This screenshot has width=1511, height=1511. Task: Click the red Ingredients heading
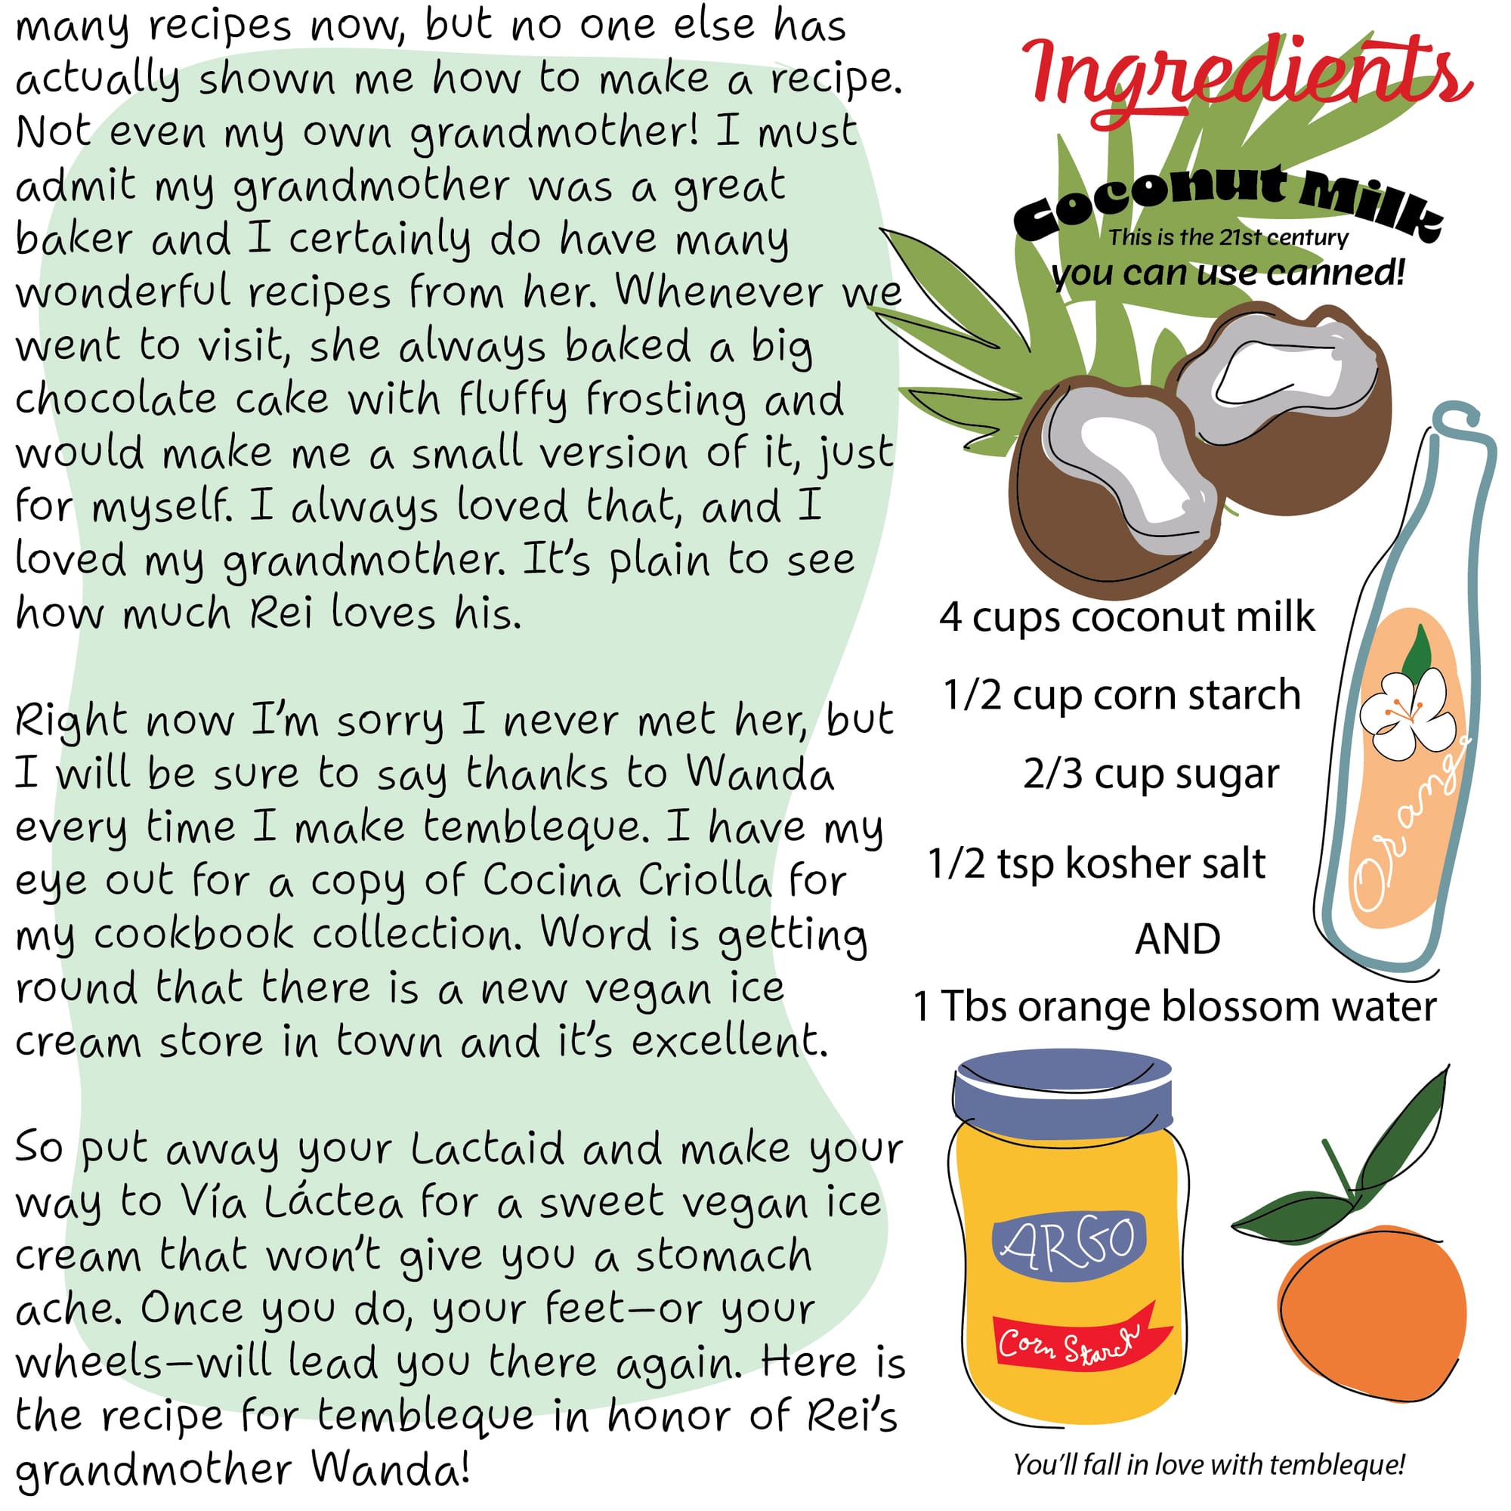[x=1247, y=79]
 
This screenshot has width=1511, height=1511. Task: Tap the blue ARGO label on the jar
[x=1069, y=1241]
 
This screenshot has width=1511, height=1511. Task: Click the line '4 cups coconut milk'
[x=1127, y=617]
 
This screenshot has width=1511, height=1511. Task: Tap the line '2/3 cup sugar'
[x=1151, y=774]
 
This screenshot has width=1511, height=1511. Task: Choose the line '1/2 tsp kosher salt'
[x=1096, y=864]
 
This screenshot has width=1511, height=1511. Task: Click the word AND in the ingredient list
[x=1178, y=938]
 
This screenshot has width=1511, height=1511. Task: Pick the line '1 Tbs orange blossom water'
[x=1175, y=1006]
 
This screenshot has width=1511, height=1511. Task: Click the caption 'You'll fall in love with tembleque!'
[x=1209, y=1464]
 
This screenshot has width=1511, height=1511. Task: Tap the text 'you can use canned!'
[x=1228, y=273]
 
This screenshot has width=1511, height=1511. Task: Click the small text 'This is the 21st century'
[x=1228, y=237]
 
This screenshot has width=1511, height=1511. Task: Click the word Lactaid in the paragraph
[x=487, y=1148]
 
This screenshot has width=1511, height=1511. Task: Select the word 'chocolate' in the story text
[x=116, y=398]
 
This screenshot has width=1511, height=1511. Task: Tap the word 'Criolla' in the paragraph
[x=704, y=881]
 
